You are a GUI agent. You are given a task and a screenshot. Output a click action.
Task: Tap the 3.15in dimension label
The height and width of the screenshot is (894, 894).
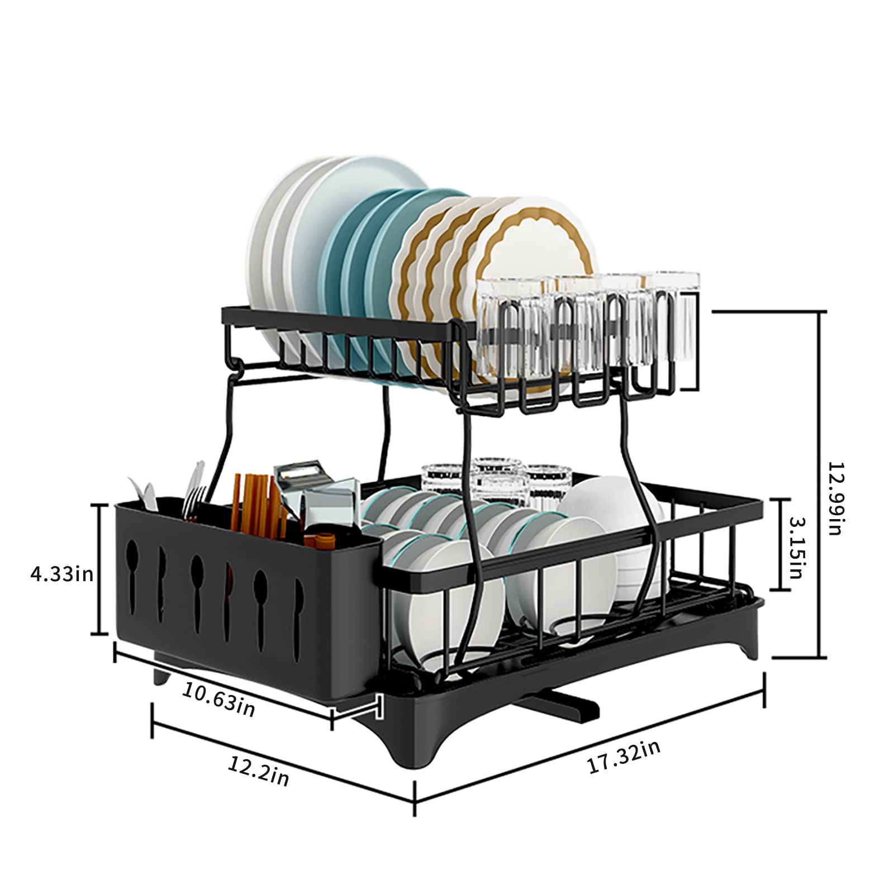(x=796, y=547)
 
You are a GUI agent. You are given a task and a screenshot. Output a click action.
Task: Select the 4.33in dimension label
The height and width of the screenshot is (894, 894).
(x=61, y=574)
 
